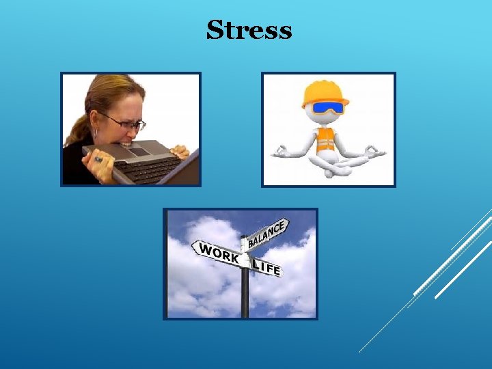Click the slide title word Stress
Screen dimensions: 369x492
click(249, 31)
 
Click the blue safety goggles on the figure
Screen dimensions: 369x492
click(327, 107)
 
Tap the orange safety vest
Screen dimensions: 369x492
click(327, 140)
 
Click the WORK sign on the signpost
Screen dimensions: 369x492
click(217, 252)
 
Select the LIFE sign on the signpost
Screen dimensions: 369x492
click(266, 266)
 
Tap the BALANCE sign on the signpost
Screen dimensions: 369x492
click(267, 233)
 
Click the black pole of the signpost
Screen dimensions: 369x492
click(245, 294)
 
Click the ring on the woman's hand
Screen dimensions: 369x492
click(98, 159)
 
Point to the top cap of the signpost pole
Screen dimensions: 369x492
click(244, 237)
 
